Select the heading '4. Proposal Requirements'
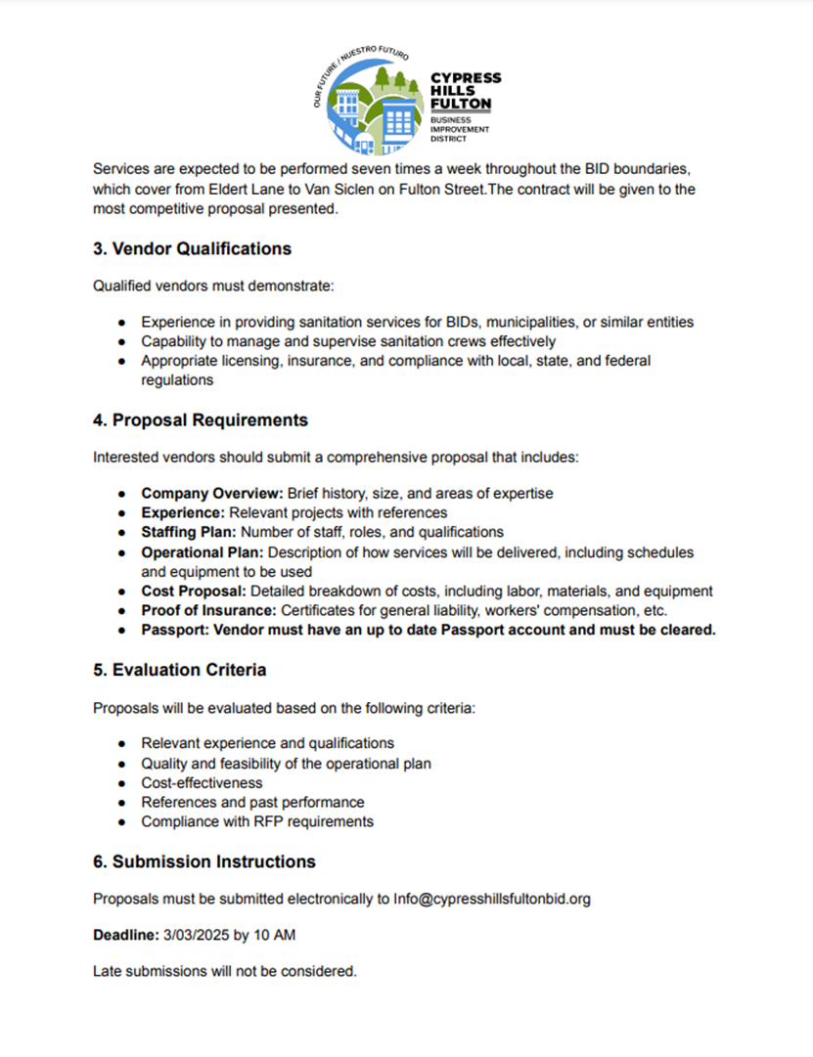pyautogui.click(x=201, y=420)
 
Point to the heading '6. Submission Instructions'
pyautogui.click(x=204, y=861)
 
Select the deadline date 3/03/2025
pyautogui.click(x=196, y=936)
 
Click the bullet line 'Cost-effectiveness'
pyautogui.click(x=202, y=782)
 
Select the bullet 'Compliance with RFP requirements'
pyautogui.click(x=257, y=821)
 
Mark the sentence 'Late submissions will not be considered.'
pyautogui.click(x=225, y=972)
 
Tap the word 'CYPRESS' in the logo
pyautogui.click(x=466, y=78)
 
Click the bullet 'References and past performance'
pyautogui.click(x=252, y=802)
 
